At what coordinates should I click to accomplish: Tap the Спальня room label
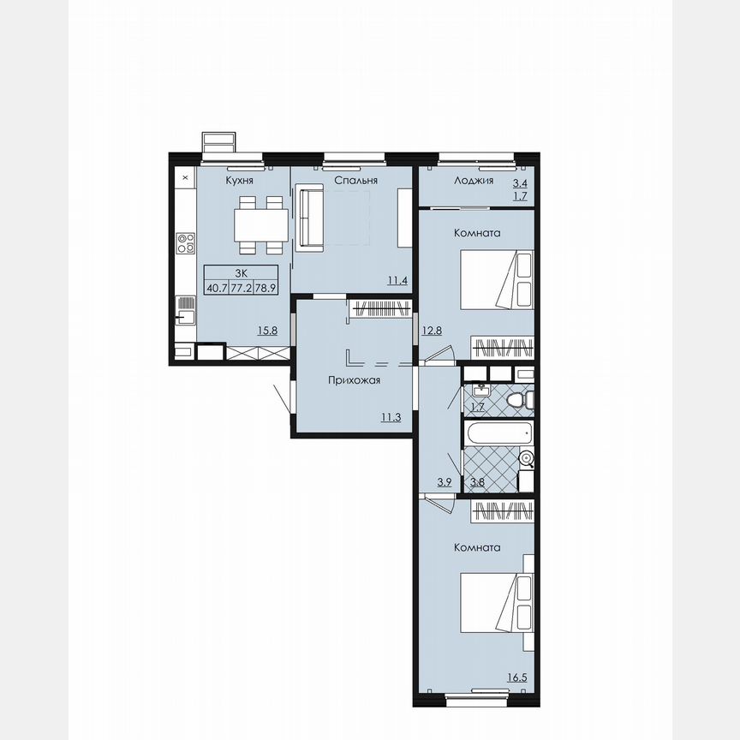click(x=355, y=182)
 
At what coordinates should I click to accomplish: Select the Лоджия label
click(x=473, y=182)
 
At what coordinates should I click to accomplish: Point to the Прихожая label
click(x=355, y=380)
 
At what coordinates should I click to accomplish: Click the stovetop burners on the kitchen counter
click(x=185, y=244)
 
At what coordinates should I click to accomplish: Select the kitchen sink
click(x=185, y=310)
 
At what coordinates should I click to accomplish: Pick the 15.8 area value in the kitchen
click(x=268, y=330)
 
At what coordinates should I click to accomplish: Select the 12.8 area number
click(x=432, y=330)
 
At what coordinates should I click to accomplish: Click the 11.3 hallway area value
click(x=391, y=417)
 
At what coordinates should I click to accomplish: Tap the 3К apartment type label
click(x=241, y=272)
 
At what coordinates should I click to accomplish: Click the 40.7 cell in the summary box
click(x=216, y=289)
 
